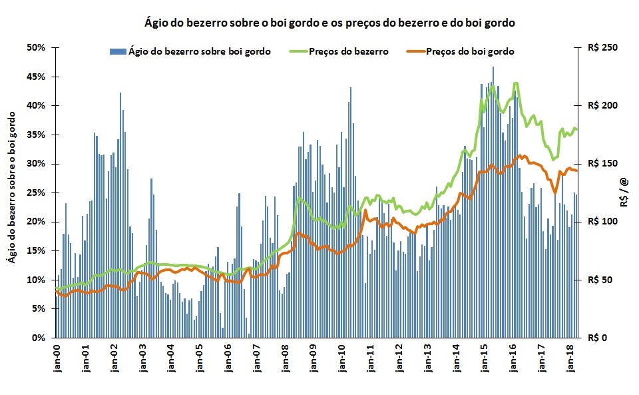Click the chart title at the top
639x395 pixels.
click(x=330, y=23)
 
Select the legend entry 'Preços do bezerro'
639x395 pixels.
click(x=349, y=51)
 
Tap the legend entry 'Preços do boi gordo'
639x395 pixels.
click(x=470, y=51)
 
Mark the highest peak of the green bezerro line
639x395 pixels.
click(x=515, y=83)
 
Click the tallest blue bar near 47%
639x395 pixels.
click(x=493, y=68)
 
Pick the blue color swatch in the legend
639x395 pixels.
click(x=117, y=51)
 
